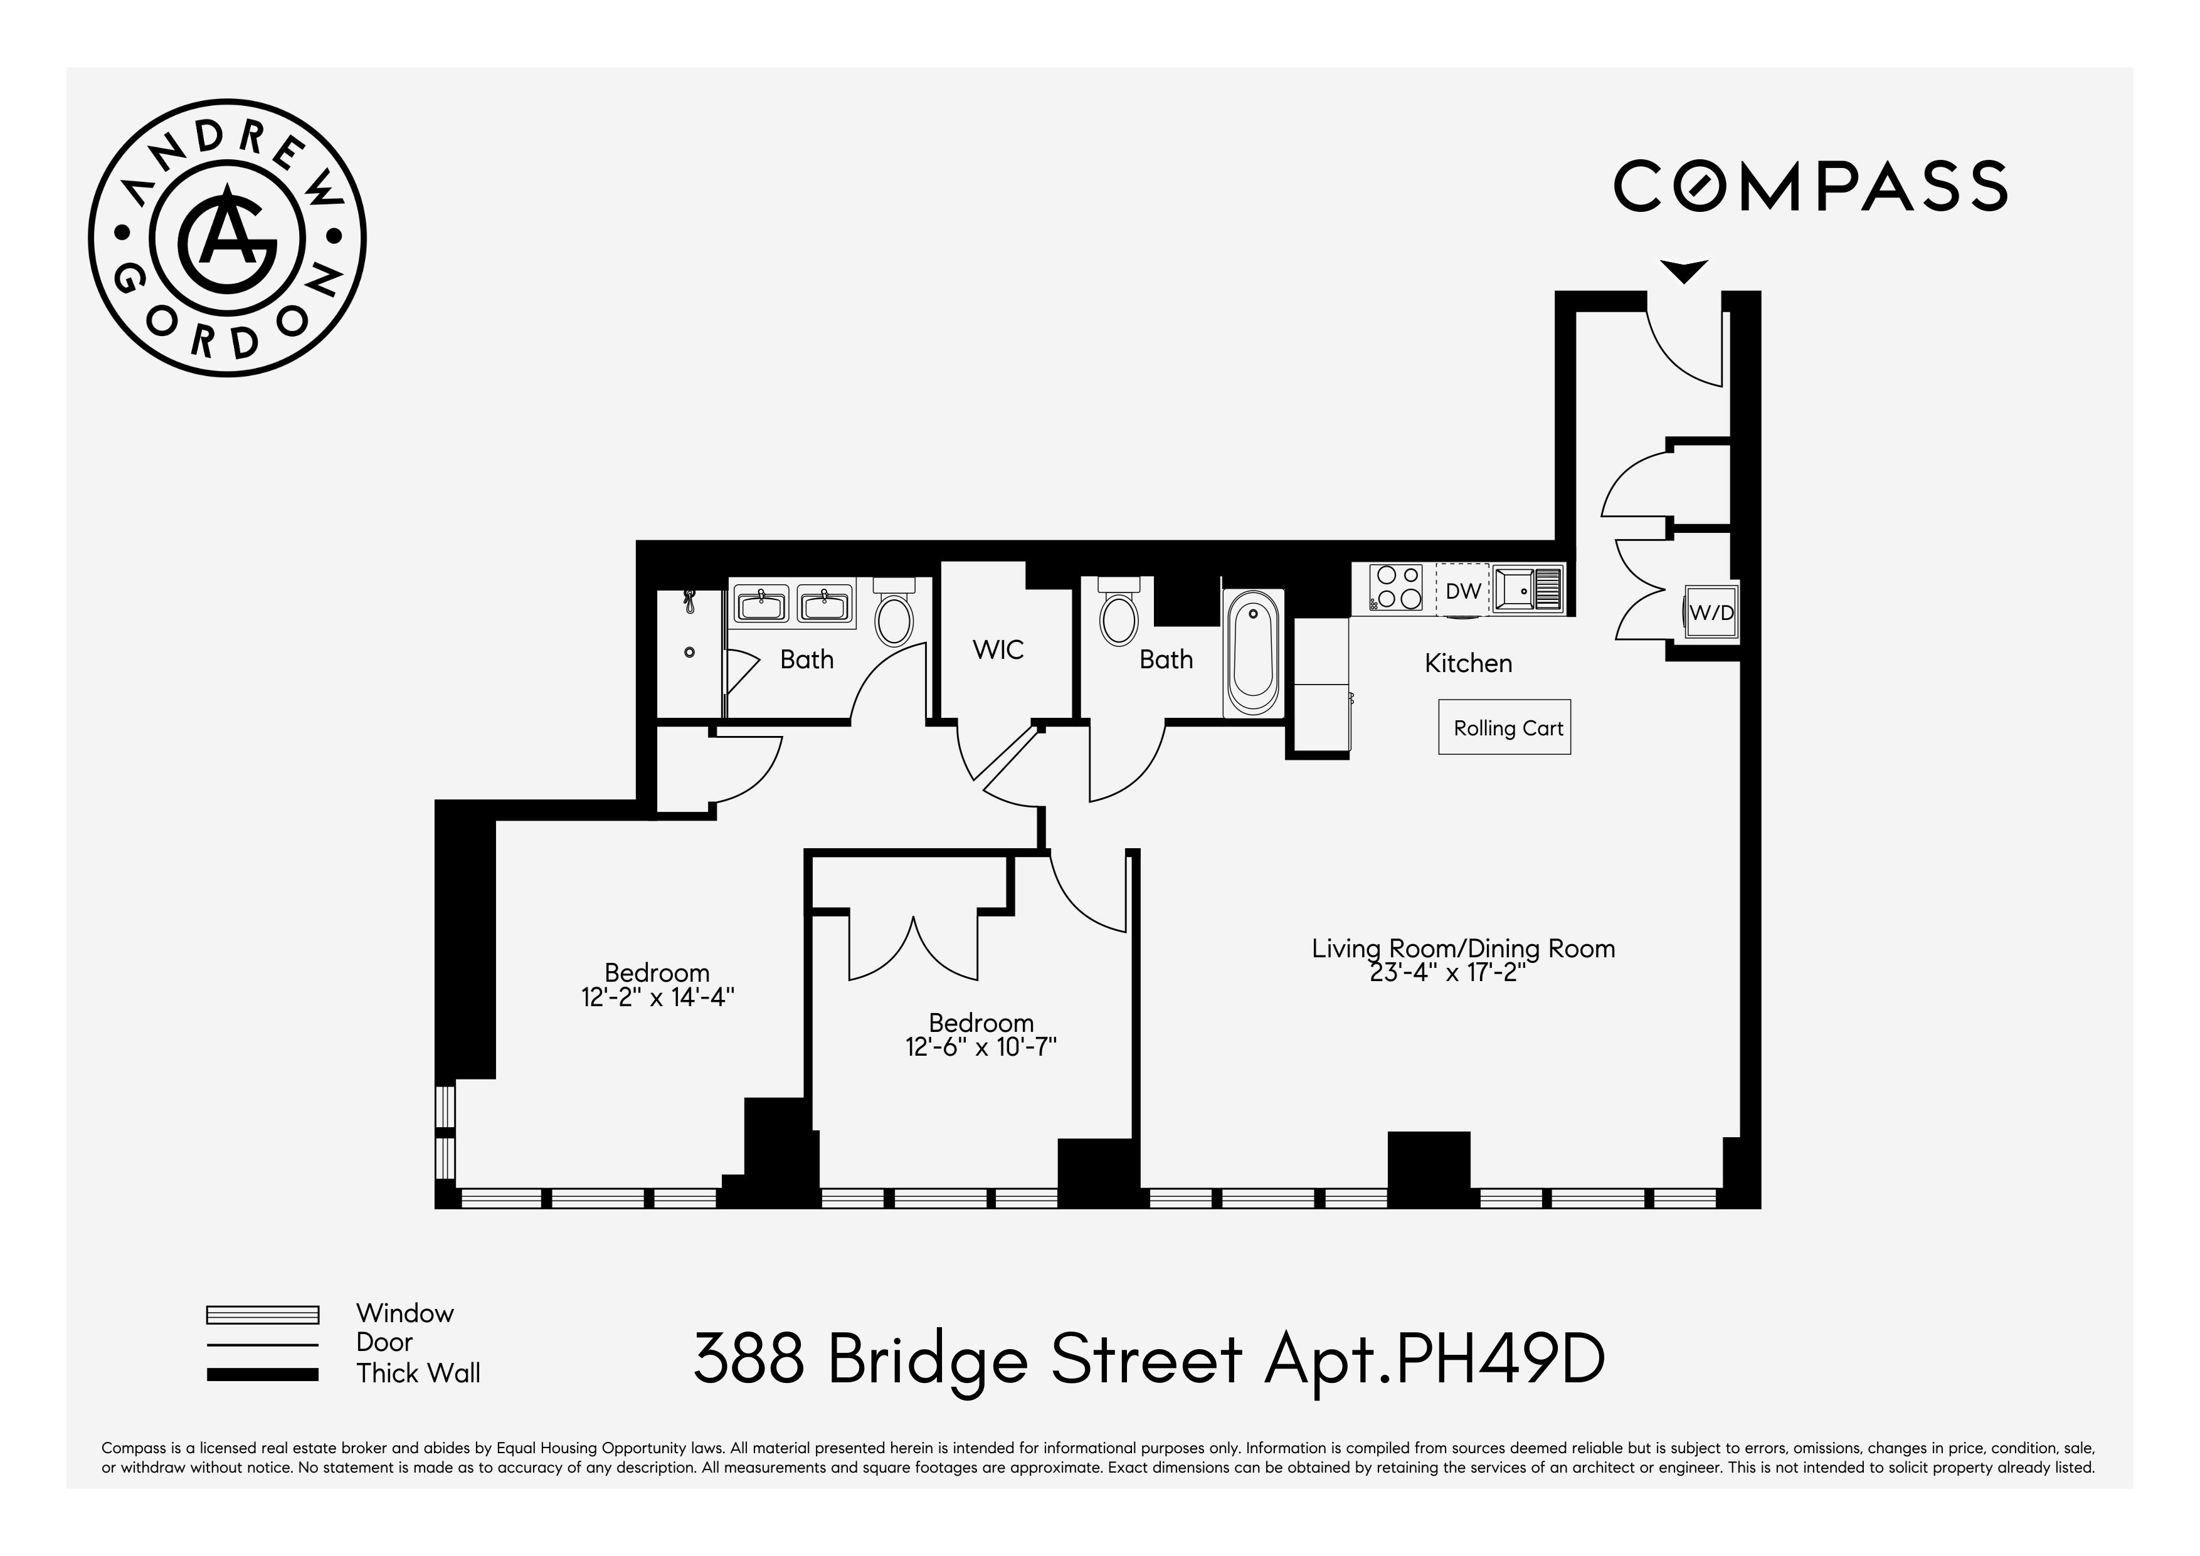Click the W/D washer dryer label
tap(1711, 612)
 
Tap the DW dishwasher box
tap(1462, 590)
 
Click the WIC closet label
tap(998, 649)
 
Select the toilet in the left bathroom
tap(895, 614)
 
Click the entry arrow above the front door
tap(1683, 271)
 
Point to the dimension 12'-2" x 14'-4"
tap(657, 997)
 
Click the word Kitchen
tap(1468, 663)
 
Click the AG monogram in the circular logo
tap(227, 236)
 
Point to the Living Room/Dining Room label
tap(1462, 949)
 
